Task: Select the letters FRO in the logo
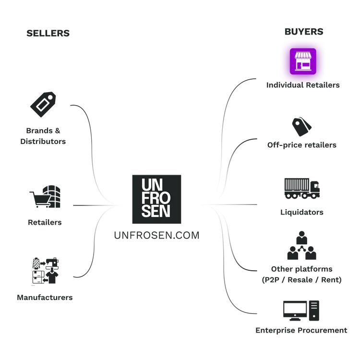click(x=153, y=198)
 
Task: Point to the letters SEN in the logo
click(x=153, y=211)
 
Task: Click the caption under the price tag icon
click(x=44, y=136)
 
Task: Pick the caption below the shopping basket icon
click(x=46, y=222)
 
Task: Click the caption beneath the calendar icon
click(x=46, y=298)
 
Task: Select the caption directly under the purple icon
click(x=304, y=87)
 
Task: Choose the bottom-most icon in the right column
click(x=301, y=310)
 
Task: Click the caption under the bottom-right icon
click(x=301, y=330)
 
